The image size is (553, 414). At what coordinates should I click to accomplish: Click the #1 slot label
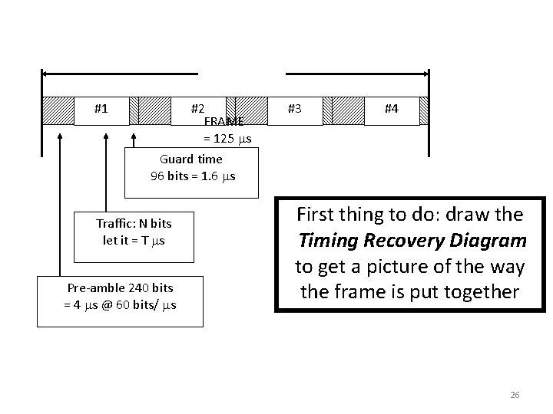point(101,109)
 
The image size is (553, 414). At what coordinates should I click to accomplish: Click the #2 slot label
point(197,109)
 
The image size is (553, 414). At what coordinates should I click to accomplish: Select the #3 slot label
point(294,109)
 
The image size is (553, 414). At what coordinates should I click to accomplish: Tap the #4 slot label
point(391,109)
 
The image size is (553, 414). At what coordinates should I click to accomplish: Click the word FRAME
point(224,122)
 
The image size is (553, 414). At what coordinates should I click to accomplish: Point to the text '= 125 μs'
point(227,138)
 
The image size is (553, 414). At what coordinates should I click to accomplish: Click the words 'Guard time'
point(191,159)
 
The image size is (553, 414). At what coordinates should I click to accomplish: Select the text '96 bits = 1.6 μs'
point(193,176)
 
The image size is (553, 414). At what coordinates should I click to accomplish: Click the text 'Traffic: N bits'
point(134,224)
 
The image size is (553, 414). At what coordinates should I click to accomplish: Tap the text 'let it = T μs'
point(134,240)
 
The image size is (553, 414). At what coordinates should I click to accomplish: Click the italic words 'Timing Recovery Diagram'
point(412,241)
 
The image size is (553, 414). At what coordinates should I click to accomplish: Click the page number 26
point(515,395)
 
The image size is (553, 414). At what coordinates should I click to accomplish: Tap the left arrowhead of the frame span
point(45,74)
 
